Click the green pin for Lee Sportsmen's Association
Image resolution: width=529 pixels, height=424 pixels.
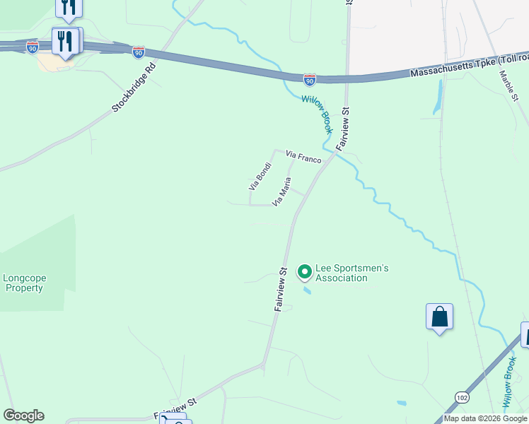click(305, 271)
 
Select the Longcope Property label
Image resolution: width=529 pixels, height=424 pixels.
click(23, 283)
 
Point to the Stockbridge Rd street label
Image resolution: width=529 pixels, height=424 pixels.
click(133, 90)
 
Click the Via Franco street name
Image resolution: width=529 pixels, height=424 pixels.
click(303, 156)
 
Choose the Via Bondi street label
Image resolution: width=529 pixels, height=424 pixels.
click(260, 176)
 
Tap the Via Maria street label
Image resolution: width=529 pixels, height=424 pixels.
click(281, 192)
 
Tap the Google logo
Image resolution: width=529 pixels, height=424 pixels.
click(23, 416)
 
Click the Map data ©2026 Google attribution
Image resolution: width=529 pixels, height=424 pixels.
click(485, 418)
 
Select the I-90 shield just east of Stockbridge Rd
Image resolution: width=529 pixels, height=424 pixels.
click(138, 52)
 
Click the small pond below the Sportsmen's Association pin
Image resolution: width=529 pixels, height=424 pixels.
click(306, 290)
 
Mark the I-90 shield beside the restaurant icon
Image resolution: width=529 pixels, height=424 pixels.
click(33, 47)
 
